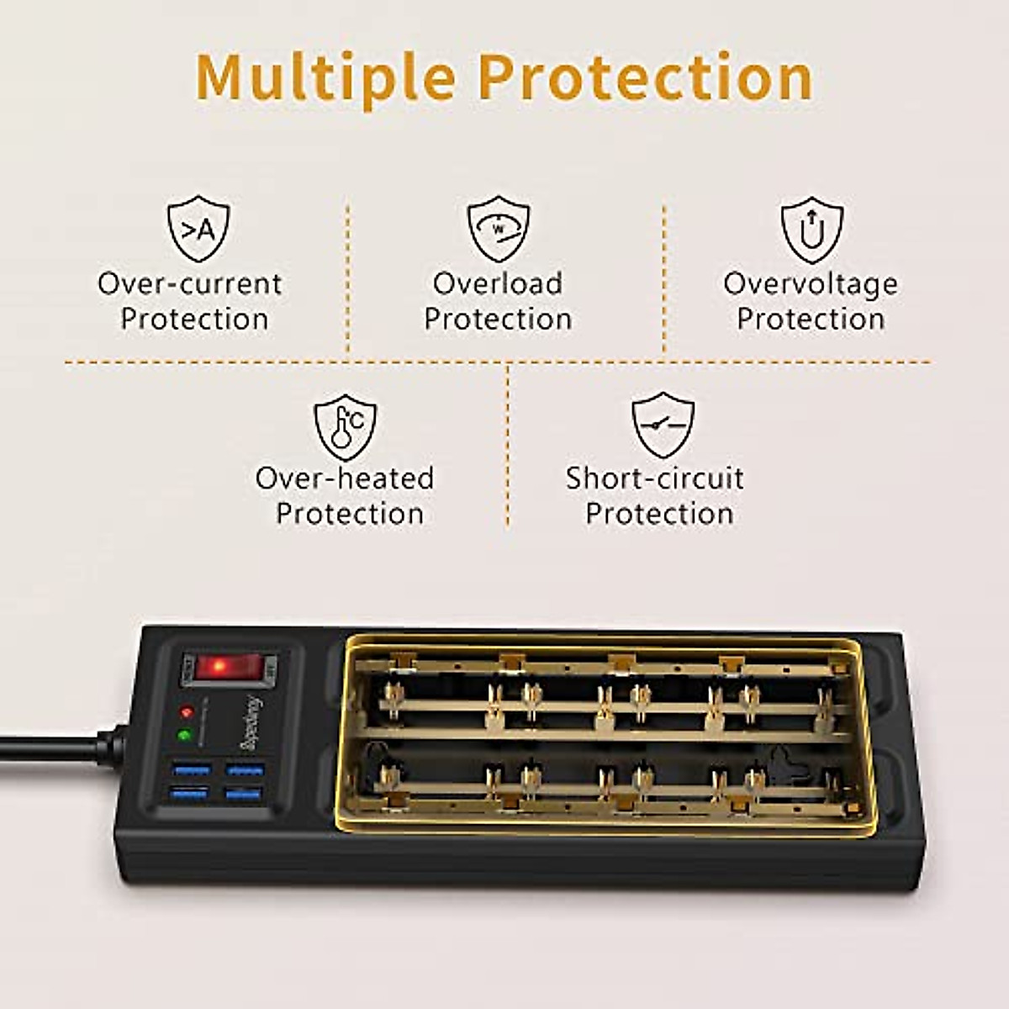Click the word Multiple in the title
(x=325, y=77)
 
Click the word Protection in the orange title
(x=645, y=77)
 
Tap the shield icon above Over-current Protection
(x=198, y=228)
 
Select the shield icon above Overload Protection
(x=499, y=228)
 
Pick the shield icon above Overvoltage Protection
(x=811, y=229)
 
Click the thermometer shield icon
(x=346, y=426)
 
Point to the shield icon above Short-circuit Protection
(x=663, y=425)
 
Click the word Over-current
(x=190, y=284)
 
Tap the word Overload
(x=498, y=284)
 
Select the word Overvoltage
(x=811, y=284)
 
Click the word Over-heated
(x=345, y=478)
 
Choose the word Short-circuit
(x=654, y=478)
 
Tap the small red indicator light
(x=187, y=712)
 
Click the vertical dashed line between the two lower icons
(x=508, y=446)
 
